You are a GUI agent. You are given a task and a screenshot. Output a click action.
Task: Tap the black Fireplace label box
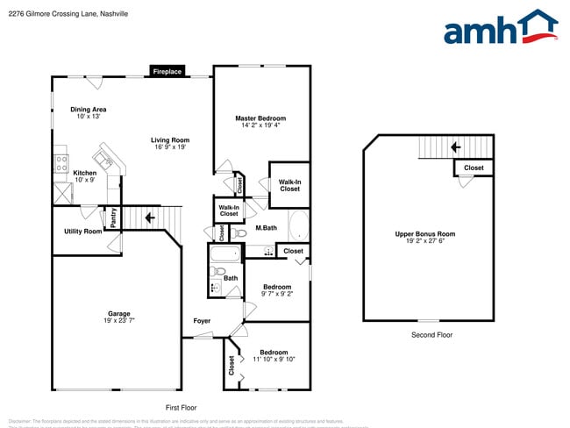tap(167, 72)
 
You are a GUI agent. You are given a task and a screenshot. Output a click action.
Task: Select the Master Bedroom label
tap(260, 118)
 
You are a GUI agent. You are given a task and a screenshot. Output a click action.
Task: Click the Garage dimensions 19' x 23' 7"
tap(119, 321)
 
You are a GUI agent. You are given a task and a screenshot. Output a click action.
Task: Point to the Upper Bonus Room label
tap(424, 234)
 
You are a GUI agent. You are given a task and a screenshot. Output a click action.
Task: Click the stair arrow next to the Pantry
tap(150, 217)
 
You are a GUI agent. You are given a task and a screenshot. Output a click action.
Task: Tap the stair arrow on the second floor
tap(455, 147)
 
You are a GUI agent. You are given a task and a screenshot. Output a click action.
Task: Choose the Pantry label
tap(113, 218)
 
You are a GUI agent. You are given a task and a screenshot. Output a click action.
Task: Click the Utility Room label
tap(82, 232)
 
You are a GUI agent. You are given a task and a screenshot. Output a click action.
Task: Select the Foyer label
tap(202, 321)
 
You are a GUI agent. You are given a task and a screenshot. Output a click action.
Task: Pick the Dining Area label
tap(89, 110)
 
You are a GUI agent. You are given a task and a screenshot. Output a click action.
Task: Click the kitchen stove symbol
tap(61, 161)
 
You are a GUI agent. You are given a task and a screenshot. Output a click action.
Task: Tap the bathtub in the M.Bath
tap(298, 225)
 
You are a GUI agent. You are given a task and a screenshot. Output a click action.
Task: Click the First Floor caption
tap(182, 408)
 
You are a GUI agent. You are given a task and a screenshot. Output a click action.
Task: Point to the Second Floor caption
tap(432, 335)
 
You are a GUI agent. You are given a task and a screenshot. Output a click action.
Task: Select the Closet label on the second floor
tap(474, 168)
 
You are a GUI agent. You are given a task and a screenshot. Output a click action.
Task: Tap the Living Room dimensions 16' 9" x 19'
tap(170, 147)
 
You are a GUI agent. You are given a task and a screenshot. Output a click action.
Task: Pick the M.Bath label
tap(267, 229)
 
